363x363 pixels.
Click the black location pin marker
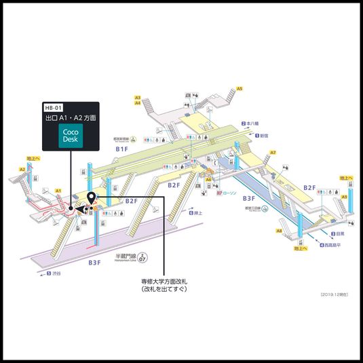[x=92, y=198]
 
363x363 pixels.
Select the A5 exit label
[x=239, y=88]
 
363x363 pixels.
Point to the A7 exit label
[x=273, y=152]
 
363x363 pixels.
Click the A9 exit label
[x=345, y=197]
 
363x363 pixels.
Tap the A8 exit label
[x=279, y=231]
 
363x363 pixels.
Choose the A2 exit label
[x=22, y=169]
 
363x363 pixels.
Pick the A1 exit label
[x=58, y=191]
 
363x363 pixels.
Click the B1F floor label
[x=122, y=149]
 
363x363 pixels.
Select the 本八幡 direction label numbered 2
[x=250, y=123]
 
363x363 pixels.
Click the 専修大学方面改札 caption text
[x=164, y=281]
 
